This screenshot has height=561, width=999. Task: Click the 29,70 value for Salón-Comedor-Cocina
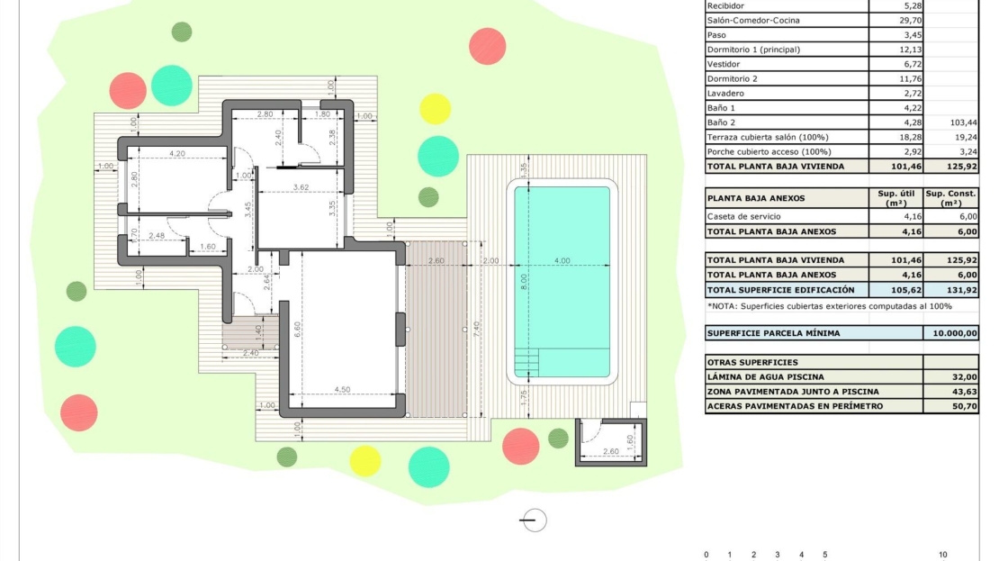(913, 21)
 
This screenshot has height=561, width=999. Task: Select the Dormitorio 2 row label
(732, 79)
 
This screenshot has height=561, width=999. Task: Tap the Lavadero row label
(725, 93)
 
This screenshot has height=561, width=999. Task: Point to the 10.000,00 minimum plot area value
(954, 333)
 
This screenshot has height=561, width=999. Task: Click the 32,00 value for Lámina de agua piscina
(965, 376)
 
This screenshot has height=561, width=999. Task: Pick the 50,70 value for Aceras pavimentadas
(965, 406)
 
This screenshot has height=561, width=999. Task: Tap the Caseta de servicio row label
(743, 217)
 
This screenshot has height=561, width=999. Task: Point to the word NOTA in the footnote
(723, 306)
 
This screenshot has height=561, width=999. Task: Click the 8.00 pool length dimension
(524, 282)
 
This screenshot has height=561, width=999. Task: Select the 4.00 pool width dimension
(562, 261)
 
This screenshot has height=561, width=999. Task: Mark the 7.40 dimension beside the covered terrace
(477, 329)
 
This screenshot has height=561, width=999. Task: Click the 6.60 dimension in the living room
(297, 330)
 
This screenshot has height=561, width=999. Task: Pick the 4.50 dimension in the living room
(342, 390)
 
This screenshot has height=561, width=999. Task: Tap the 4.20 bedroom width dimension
(177, 154)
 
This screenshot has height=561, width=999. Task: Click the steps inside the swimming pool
(526, 363)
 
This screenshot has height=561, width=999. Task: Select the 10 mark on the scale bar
(943, 555)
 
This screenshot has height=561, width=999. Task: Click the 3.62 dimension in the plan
(301, 187)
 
